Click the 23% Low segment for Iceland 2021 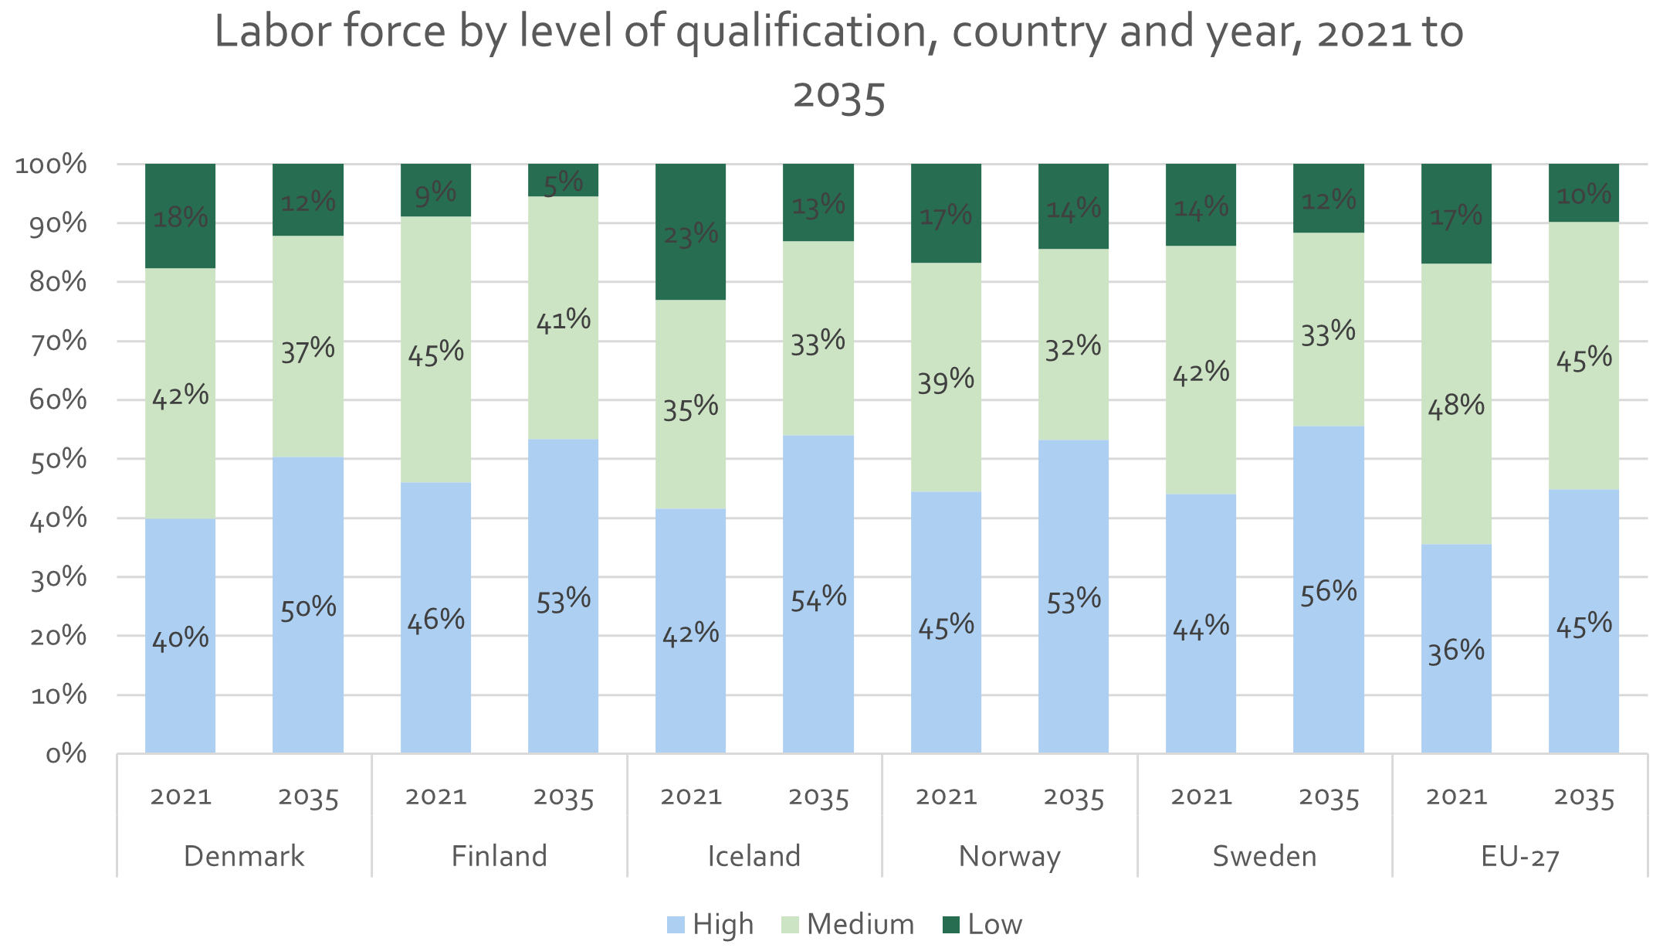tap(690, 232)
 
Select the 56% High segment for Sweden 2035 tap(1329, 590)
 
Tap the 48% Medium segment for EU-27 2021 tap(1456, 404)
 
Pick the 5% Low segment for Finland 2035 tap(563, 180)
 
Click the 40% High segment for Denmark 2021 tap(180, 636)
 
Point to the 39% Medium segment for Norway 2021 tap(946, 377)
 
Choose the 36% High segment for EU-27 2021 tap(1456, 649)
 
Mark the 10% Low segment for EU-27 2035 tap(1583, 193)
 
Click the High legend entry tap(710, 924)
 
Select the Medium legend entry tap(848, 924)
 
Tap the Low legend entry tap(983, 924)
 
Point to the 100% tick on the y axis tap(51, 164)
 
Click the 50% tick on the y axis tap(58, 459)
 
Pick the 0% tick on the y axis tap(66, 753)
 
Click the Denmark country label tap(244, 856)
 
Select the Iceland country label tap(754, 856)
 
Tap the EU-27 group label tap(1520, 857)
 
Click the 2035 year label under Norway tap(1074, 797)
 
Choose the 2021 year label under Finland tap(436, 797)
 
